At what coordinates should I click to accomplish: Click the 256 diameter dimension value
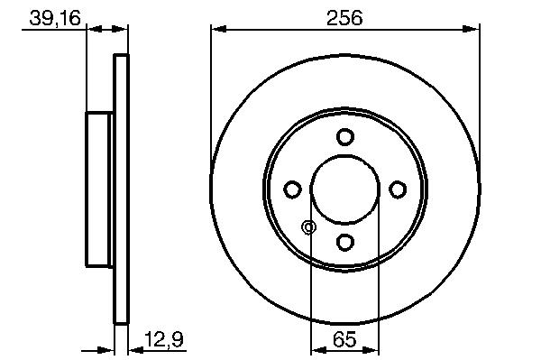tap(344, 18)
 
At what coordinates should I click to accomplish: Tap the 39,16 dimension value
tap(55, 18)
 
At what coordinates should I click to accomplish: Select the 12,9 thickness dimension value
tap(164, 339)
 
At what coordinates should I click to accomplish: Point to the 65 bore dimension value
tap(344, 339)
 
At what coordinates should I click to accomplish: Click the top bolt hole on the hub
tap(345, 136)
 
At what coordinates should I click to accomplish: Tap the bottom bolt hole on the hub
tap(345, 242)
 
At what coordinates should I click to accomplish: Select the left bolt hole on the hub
tap(292, 189)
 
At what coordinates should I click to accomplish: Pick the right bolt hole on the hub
tap(398, 189)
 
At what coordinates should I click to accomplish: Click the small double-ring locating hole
tap(308, 227)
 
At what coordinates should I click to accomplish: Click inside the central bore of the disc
tap(345, 189)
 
